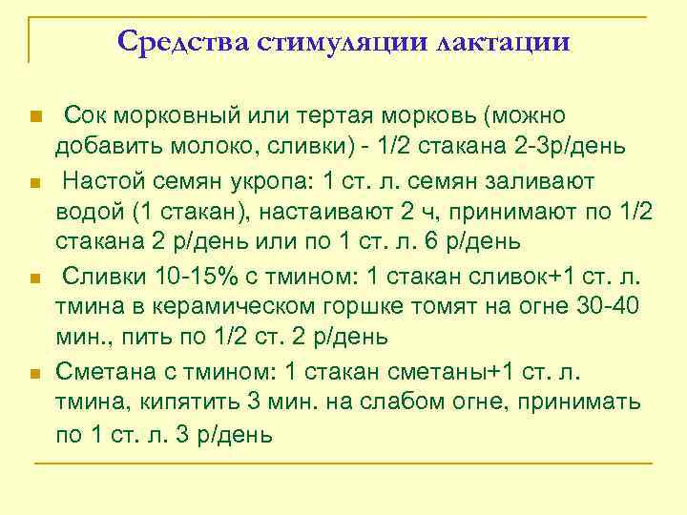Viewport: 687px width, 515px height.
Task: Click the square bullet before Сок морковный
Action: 35,117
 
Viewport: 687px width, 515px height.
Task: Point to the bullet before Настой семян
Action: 35,182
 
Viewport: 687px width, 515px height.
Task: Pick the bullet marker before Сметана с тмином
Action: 35,373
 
